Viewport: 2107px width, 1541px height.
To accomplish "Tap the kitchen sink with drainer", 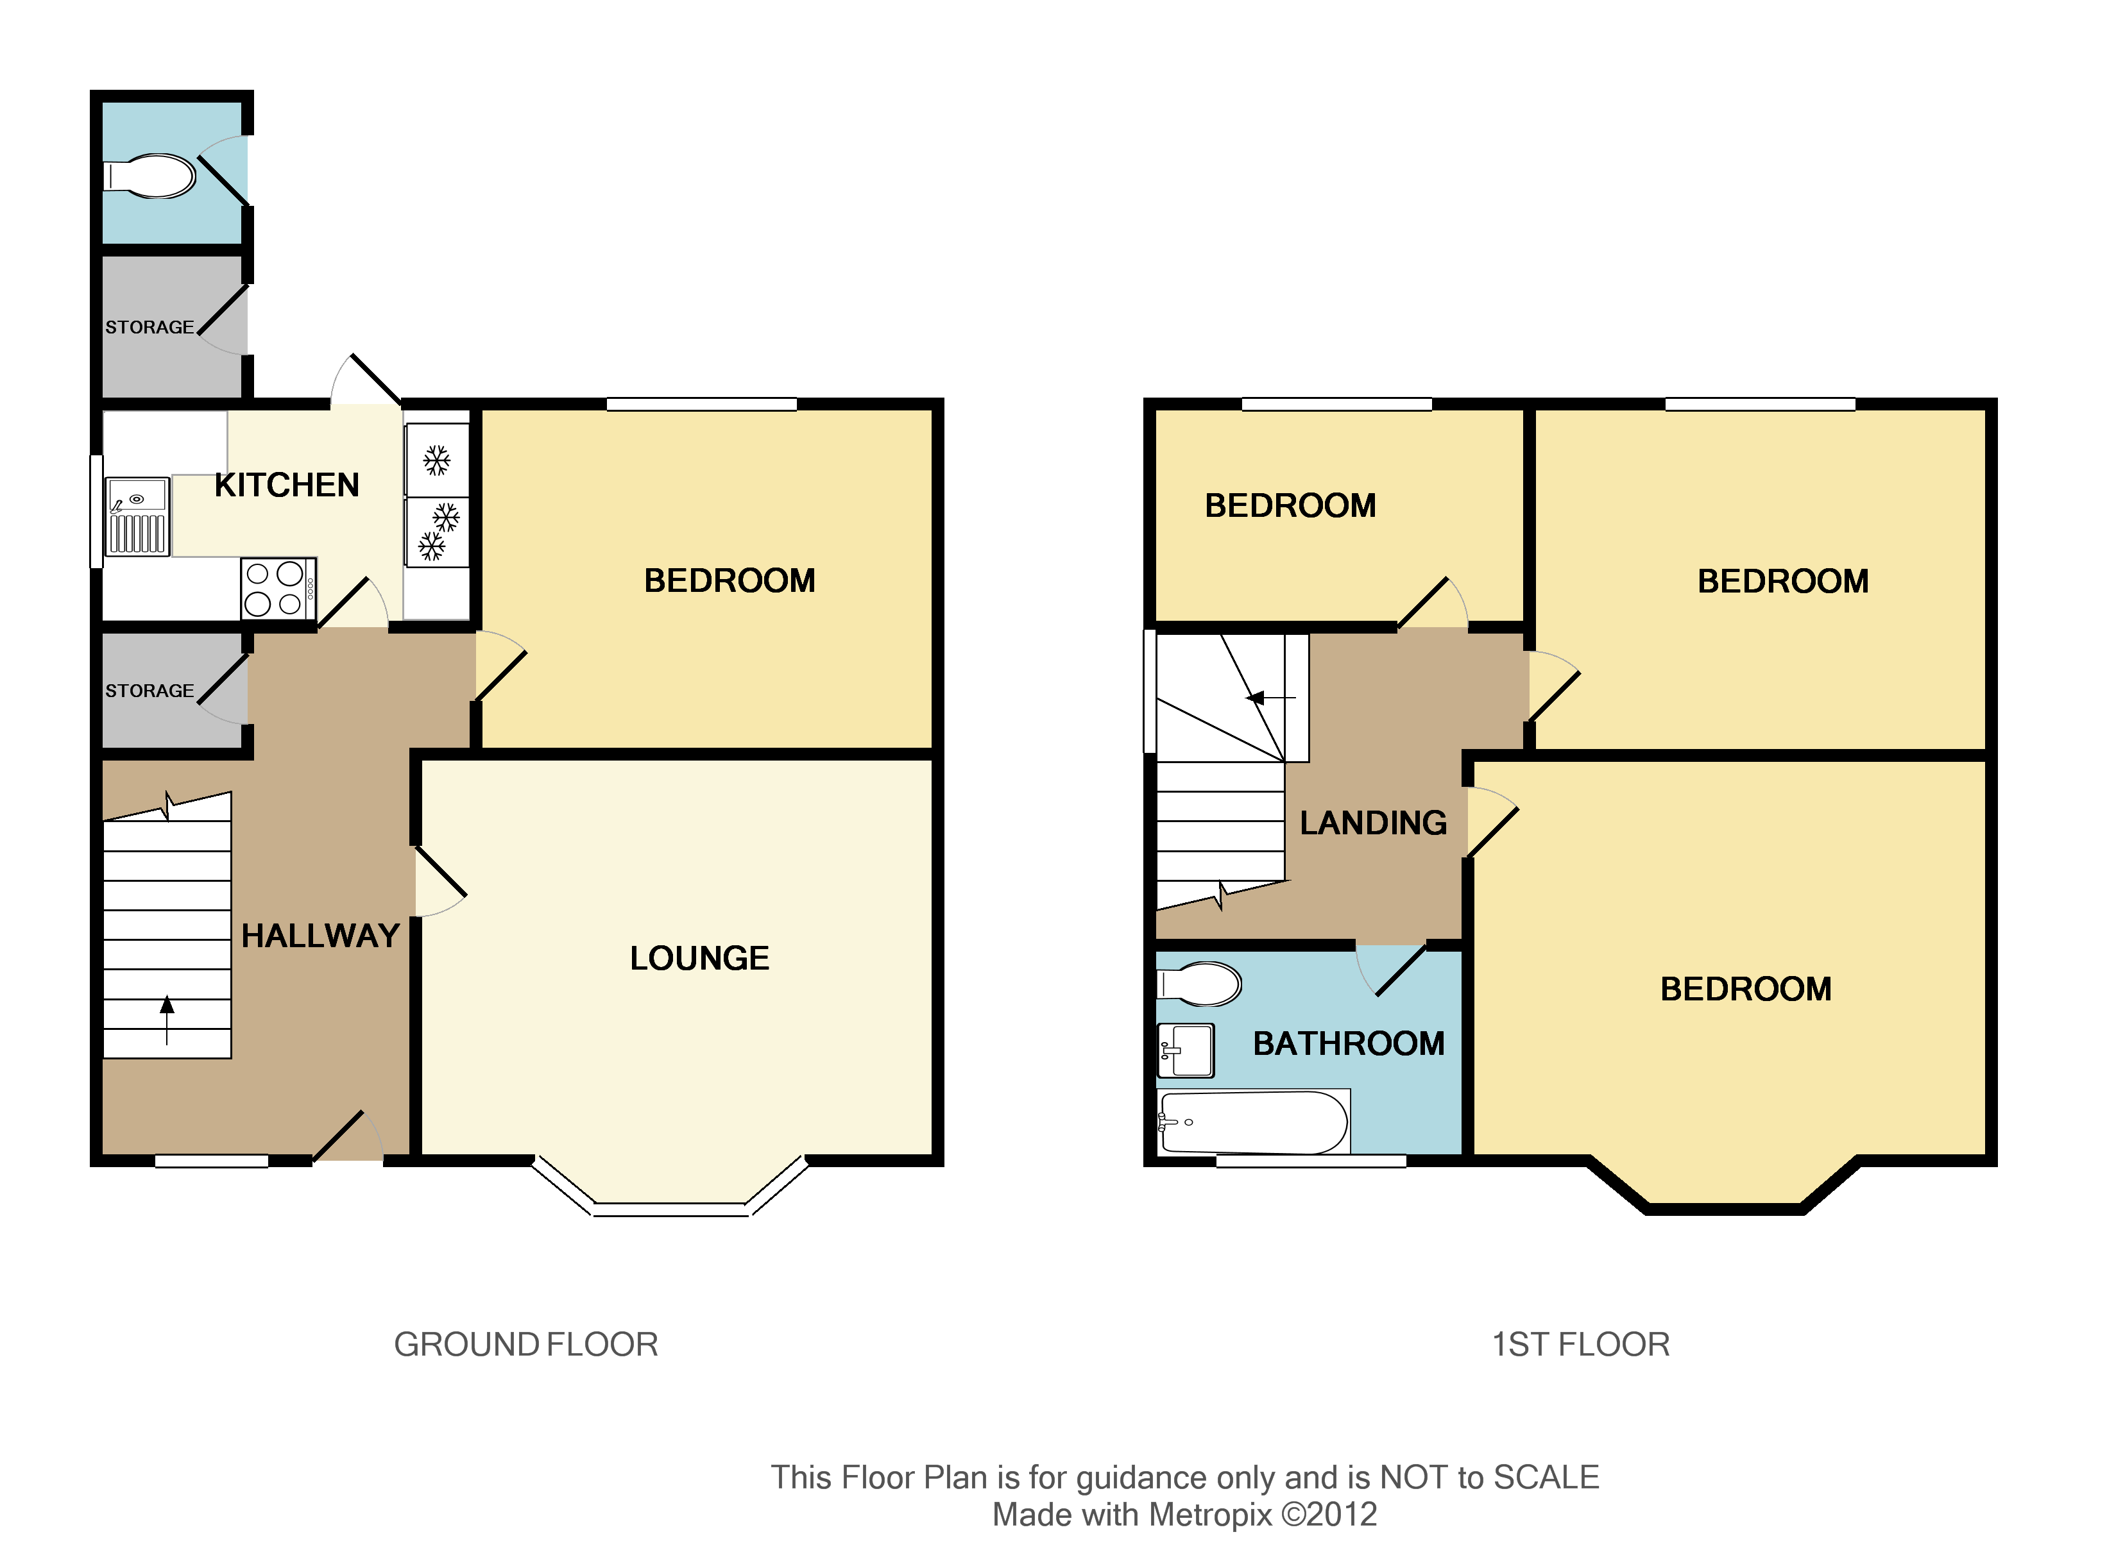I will point(137,516).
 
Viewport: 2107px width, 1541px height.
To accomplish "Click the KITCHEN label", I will point(286,485).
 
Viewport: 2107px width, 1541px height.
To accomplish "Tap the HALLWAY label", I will point(320,936).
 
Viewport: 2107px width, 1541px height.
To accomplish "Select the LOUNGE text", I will point(699,958).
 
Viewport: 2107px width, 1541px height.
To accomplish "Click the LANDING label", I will point(1372,823).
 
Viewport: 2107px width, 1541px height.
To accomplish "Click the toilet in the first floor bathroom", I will point(1200,983).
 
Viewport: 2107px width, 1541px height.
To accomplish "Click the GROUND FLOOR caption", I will point(525,1344).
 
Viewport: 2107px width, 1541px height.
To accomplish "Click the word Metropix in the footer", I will point(1209,1514).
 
